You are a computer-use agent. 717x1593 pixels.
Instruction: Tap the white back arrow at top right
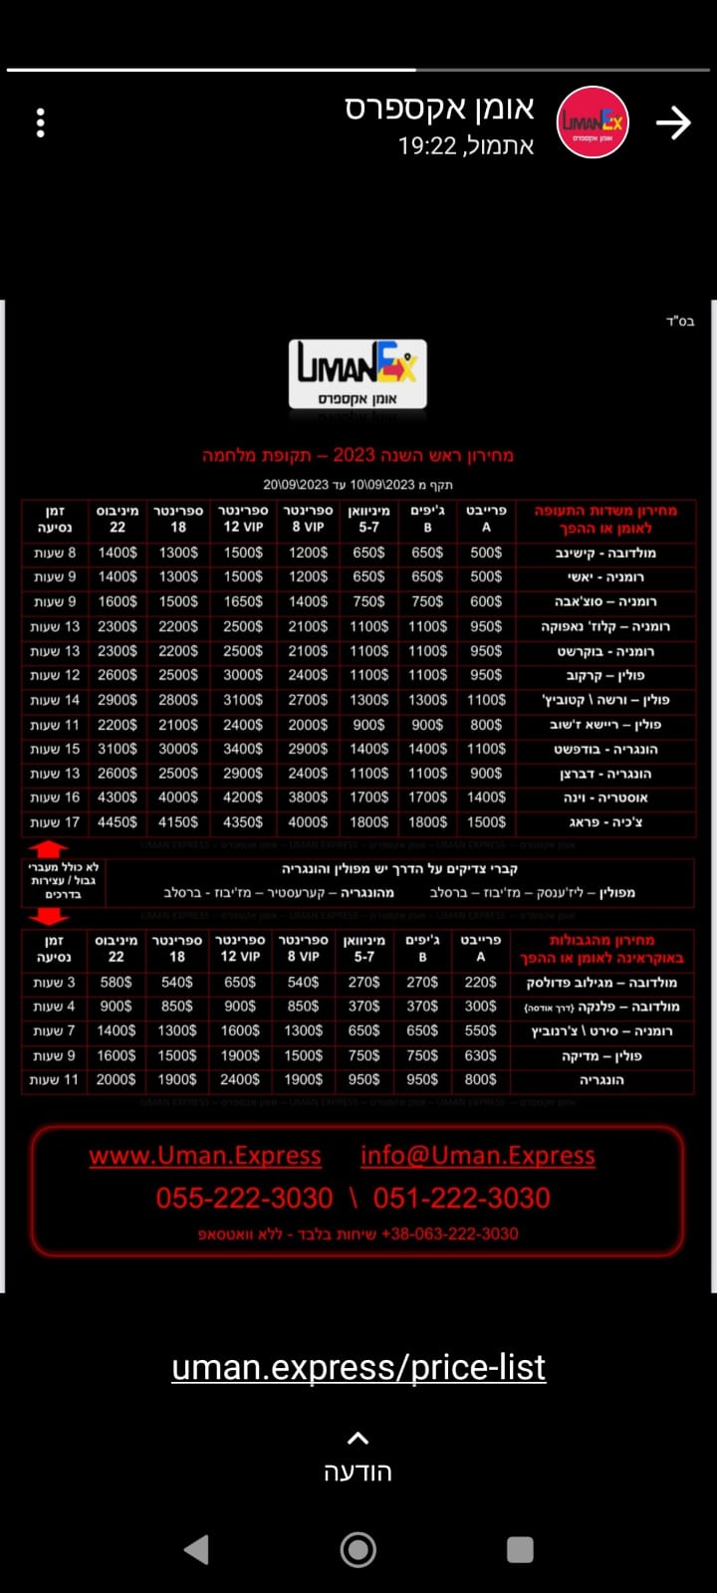click(x=673, y=122)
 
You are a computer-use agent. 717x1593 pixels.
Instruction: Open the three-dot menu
click(x=40, y=122)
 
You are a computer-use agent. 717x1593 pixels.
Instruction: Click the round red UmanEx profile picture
click(x=593, y=122)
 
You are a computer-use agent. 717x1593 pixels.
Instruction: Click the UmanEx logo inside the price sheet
click(x=358, y=373)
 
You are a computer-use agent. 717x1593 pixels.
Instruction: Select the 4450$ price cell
click(x=118, y=822)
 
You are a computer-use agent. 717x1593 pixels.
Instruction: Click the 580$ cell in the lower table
click(x=116, y=983)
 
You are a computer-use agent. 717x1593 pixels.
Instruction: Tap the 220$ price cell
click(x=480, y=983)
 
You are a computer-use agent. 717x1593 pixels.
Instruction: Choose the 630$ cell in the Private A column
click(x=480, y=1055)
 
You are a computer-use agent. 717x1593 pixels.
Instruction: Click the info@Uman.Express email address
click(x=478, y=1155)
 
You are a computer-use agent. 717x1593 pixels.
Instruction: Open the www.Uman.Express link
click(x=205, y=1155)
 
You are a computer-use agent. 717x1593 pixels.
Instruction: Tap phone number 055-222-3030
click(x=244, y=1198)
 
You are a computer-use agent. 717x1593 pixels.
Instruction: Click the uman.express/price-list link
click(x=358, y=1368)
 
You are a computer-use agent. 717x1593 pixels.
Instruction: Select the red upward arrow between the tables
click(x=48, y=849)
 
